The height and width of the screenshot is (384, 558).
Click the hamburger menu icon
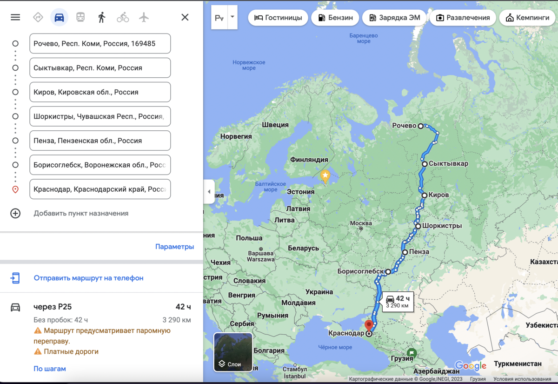(x=15, y=17)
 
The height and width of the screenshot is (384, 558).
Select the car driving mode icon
(x=59, y=18)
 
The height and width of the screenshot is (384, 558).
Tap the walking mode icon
(x=101, y=18)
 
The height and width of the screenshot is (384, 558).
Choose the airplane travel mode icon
(x=144, y=18)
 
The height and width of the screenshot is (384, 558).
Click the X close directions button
(x=185, y=17)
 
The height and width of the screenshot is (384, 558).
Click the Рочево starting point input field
(x=100, y=44)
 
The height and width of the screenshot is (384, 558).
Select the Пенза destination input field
(x=100, y=141)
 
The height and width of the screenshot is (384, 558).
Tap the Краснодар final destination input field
(x=100, y=189)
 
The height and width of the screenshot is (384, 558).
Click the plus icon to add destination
(x=15, y=213)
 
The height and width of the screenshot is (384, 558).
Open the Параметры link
(x=174, y=247)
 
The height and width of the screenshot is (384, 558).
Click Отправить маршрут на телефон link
(x=88, y=278)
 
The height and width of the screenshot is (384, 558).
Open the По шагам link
(x=50, y=369)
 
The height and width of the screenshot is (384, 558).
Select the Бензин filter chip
(x=335, y=18)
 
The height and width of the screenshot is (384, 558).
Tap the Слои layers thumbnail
(x=233, y=352)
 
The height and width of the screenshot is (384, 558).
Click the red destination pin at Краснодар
(x=369, y=325)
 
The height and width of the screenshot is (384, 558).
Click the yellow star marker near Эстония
(x=325, y=176)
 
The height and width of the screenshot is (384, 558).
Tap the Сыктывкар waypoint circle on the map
(x=425, y=164)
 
